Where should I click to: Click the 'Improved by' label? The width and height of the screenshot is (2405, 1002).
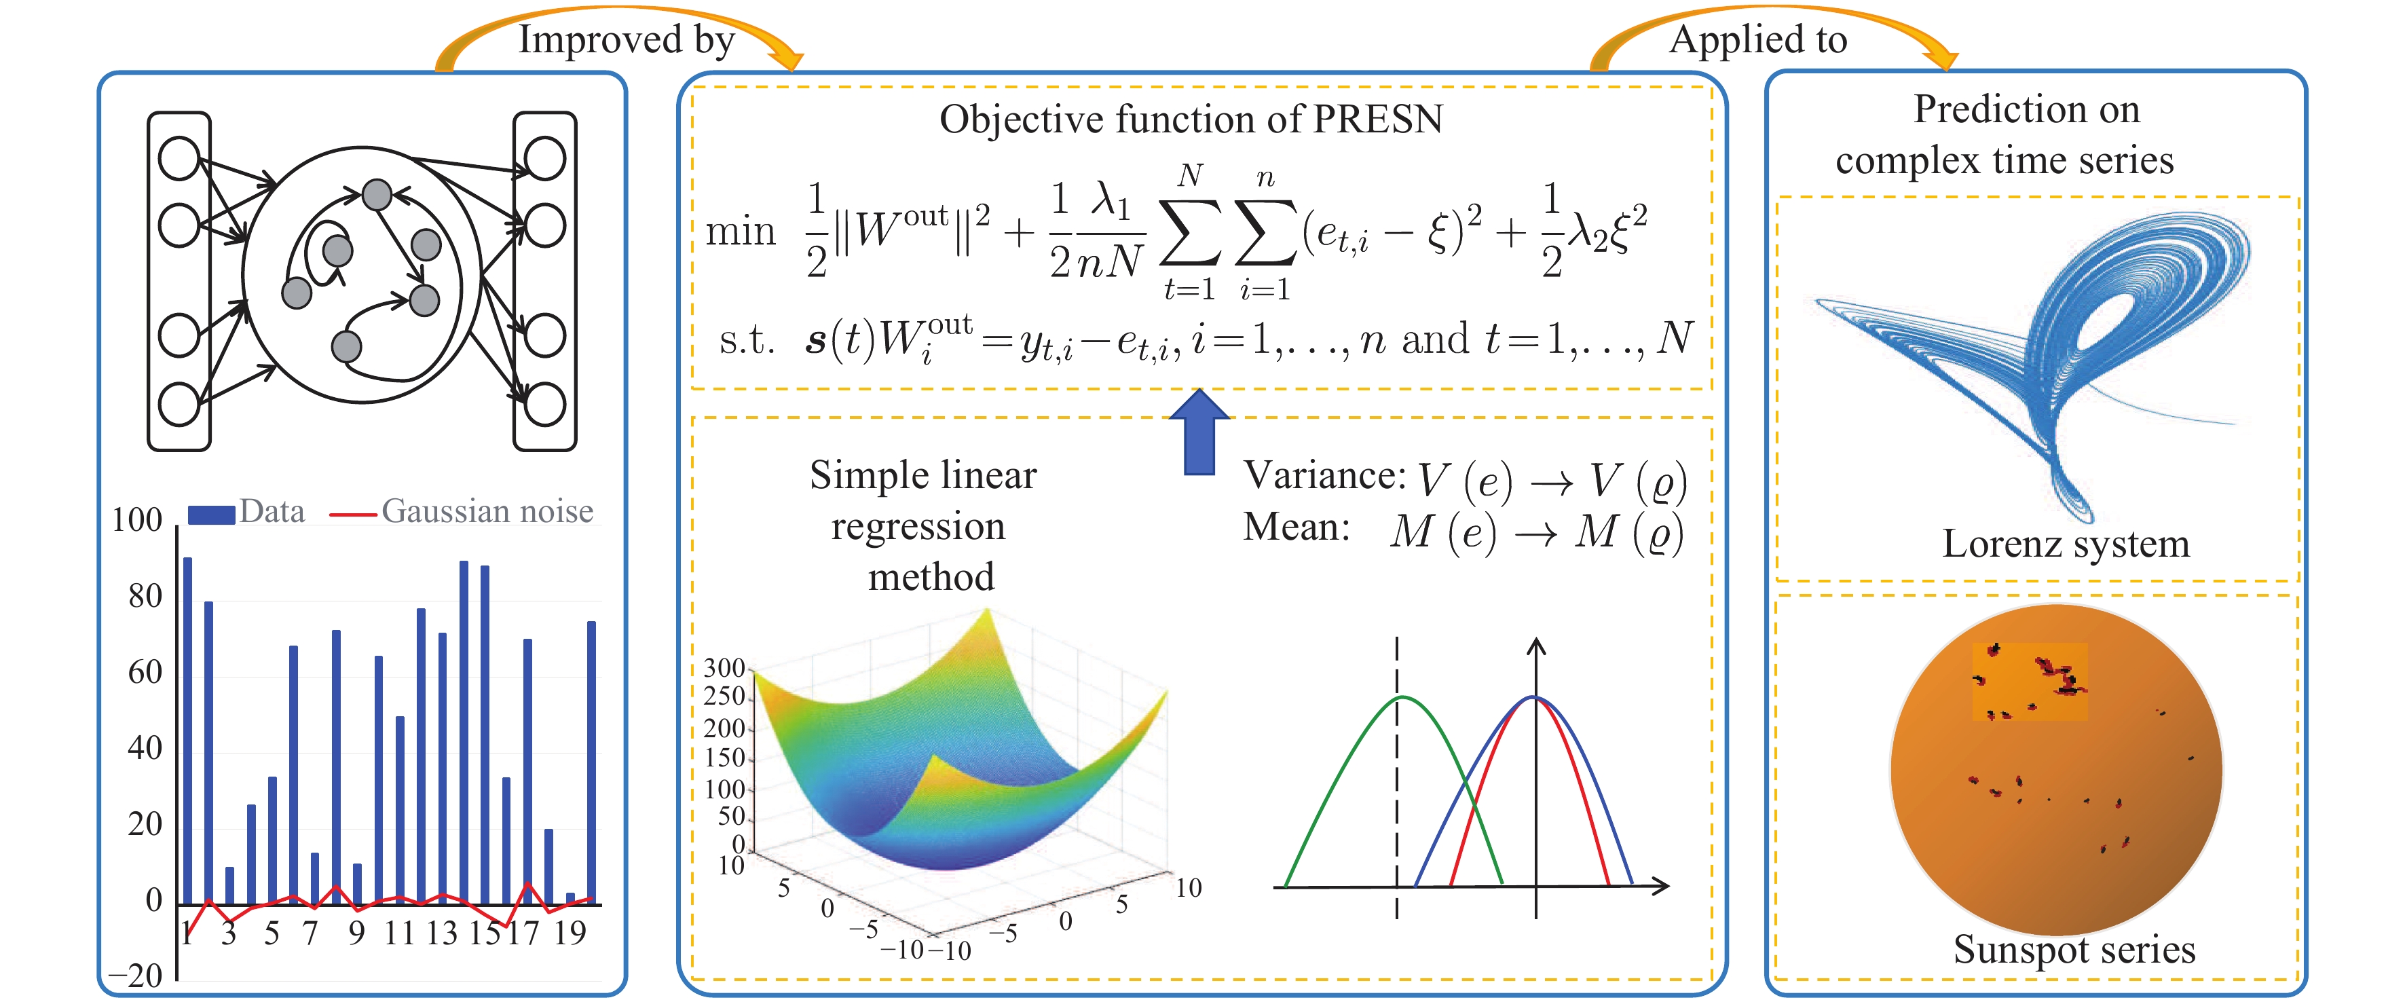click(627, 40)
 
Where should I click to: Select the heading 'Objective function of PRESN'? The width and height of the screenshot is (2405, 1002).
click(1191, 119)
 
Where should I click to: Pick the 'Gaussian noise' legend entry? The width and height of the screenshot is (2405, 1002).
click(487, 512)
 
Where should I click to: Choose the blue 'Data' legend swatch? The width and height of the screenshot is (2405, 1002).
click(211, 514)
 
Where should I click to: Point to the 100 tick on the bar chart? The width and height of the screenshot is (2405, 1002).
click(137, 520)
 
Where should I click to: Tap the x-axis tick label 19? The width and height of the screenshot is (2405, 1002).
click(569, 933)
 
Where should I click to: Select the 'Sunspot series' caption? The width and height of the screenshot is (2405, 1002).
click(2074, 950)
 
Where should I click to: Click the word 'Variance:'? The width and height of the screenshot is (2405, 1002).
click(1324, 477)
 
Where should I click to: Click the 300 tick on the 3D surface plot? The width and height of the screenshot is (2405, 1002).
click(724, 669)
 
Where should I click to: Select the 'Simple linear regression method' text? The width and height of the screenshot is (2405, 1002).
click(922, 525)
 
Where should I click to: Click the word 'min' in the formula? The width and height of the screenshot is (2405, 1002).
click(741, 231)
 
